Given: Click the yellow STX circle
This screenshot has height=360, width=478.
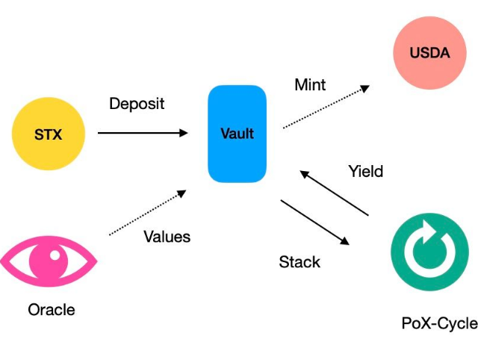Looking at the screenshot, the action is pos(49,134).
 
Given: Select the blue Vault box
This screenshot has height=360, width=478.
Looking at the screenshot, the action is pos(238,134).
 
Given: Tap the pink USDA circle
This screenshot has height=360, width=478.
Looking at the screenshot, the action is pos(430,53).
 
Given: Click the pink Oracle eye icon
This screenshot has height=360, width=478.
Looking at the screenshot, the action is pos(49,261).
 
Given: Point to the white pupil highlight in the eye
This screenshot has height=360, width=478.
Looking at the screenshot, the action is pos(55,255).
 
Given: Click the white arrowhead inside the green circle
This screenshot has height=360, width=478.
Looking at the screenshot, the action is pos(429,232).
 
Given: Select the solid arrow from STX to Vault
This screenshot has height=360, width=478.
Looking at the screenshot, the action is pos(143,133).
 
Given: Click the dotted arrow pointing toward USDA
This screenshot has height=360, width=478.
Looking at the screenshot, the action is pos(326,107).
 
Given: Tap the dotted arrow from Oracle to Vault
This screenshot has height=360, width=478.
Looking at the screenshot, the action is pos(148,212).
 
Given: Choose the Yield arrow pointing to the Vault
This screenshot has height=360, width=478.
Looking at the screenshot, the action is pos(334,193).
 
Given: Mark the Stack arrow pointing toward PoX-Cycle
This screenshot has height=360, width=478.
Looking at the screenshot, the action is pos(315,223).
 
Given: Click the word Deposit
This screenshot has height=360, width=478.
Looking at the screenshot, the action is pos(137,104).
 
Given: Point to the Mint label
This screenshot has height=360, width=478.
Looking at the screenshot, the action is pos(310,84).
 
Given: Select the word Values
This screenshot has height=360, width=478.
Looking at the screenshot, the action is pos(167,237).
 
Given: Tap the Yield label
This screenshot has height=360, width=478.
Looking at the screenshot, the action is pos(366,171).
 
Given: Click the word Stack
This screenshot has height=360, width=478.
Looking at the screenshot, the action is pos(299,262).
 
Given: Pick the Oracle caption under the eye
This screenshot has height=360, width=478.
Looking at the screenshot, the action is pos(52,310).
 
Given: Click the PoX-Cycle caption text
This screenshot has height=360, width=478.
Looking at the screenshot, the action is pos(440,323).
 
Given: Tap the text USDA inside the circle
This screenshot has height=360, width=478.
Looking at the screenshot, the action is pos(430,53).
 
